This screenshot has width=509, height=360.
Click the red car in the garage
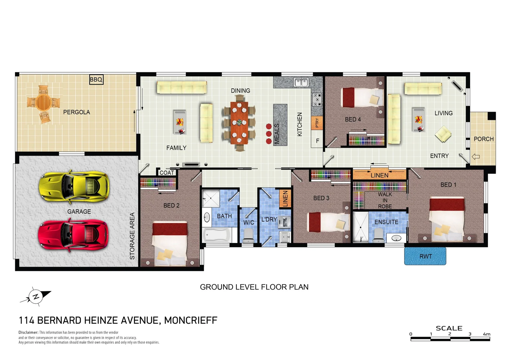pos(73,235)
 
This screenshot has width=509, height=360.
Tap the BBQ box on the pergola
pos(96,79)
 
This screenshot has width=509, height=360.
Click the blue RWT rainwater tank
pos(425,256)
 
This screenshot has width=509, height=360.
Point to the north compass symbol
pos(36,296)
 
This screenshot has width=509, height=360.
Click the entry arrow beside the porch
pos(476,156)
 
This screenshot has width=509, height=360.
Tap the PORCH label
pos(483,139)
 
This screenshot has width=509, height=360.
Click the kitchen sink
pos(301,82)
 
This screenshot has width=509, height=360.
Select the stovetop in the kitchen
pos(317,100)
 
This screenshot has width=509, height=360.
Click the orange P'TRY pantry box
pos(317,123)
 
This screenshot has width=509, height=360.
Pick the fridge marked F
pos(317,141)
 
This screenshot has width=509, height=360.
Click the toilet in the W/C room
pos(248,237)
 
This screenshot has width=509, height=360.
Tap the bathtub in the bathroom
pos(217,235)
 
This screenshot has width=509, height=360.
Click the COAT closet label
pos(167,173)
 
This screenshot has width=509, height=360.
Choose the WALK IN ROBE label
pos(385,200)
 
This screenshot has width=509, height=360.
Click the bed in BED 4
pos(362,98)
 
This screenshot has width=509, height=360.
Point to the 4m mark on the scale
pos(486,334)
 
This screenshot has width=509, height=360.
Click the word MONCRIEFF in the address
pos(191,320)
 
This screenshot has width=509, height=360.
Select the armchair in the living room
pos(443,134)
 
